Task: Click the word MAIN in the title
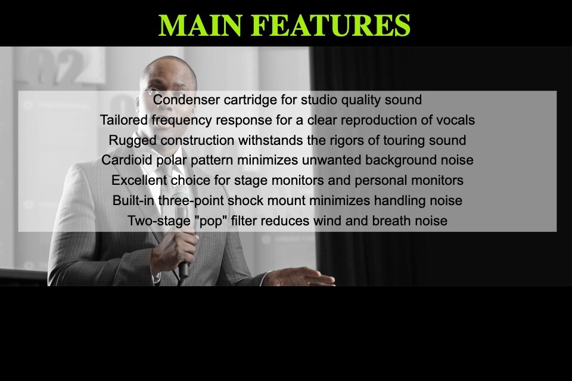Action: coord(200,25)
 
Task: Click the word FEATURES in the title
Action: coord(331,25)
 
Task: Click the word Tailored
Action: coord(124,120)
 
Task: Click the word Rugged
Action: coord(133,141)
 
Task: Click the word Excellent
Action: coord(139,180)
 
